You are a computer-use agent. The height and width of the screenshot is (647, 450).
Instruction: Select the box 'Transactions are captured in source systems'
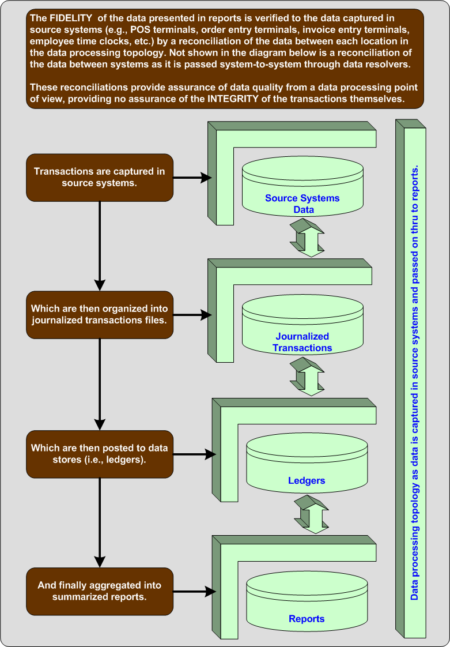pyautogui.click(x=100, y=177)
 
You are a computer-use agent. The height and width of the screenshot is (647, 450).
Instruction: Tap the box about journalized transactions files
pyautogui.click(x=100, y=314)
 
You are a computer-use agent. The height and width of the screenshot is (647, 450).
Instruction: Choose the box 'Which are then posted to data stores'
pyautogui.click(x=100, y=453)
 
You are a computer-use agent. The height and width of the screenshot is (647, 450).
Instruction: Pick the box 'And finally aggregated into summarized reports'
pyautogui.click(x=100, y=590)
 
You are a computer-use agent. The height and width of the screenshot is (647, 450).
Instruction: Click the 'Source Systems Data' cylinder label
pyautogui.click(x=302, y=204)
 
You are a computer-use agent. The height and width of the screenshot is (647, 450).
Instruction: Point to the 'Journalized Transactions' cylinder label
pyautogui.click(x=302, y=342)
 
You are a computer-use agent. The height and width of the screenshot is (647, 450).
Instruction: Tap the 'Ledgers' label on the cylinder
pyautogui.click(x=307, y=480)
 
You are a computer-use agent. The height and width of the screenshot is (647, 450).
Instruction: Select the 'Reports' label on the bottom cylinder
pyautogui.click(x=307, y=619)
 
